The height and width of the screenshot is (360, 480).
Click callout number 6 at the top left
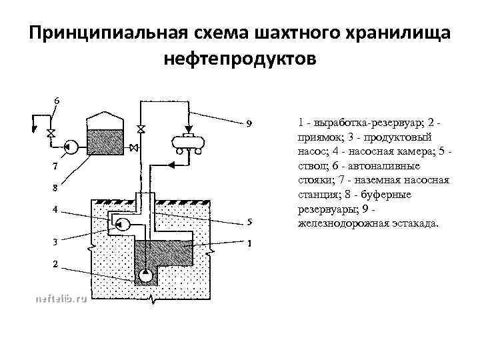point(57,100)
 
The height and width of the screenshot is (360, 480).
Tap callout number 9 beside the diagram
point(249,123)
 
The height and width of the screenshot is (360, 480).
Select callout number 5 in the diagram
point(249,222)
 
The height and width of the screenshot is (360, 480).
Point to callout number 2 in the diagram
point(55,264)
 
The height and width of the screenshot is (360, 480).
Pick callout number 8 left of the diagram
point(55,187)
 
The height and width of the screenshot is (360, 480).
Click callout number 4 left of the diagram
point(55,210)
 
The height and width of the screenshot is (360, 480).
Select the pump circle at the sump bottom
point(145,275)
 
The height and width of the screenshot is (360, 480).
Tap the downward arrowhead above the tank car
point(188,128)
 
